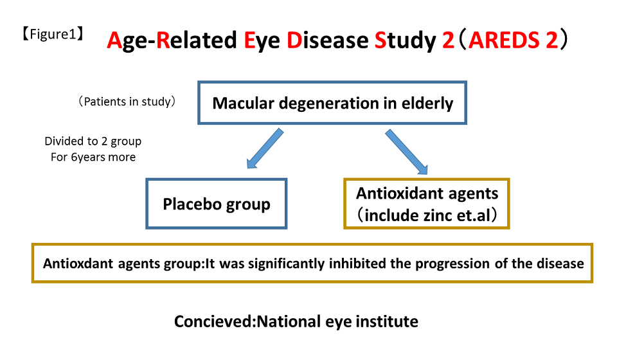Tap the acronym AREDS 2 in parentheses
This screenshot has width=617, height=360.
coord(513,40)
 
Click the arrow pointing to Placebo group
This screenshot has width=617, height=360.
coord(265,148)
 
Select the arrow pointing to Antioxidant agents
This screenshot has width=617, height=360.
coord(406,152)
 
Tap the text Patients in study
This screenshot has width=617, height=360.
coord(127,102)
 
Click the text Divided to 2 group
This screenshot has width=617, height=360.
coord(93,141)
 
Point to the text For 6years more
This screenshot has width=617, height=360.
coord(93,157)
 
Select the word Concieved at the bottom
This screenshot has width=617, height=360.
coord(214,321)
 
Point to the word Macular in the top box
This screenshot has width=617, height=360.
coord(243,103)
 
